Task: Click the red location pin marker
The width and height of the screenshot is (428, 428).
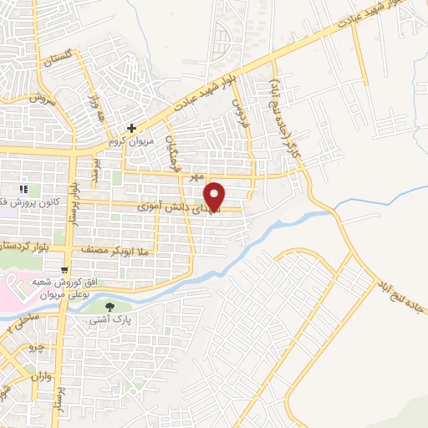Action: [216, 196]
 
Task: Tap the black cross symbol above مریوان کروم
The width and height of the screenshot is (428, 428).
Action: [132, 128]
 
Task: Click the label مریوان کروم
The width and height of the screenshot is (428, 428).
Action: [133, 141]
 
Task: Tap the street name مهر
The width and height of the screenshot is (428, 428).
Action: [196, 177]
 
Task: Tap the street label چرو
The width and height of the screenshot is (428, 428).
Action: [35, 345]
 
